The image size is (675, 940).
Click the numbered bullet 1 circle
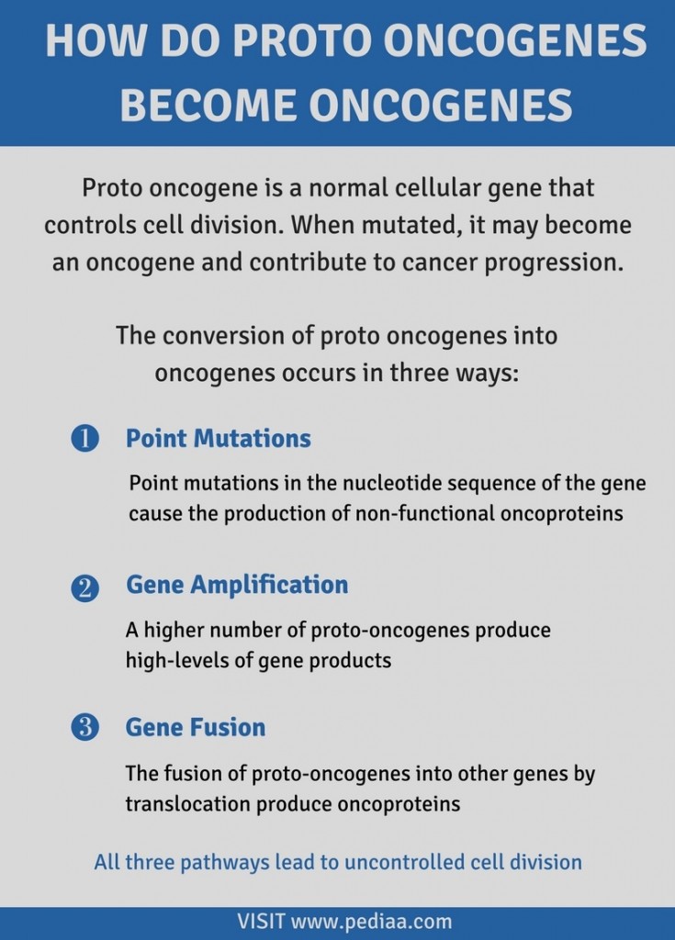[x=84, y=439]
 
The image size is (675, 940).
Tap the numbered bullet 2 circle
[x=84, y=587]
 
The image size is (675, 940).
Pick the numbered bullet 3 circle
[x=84, y=728]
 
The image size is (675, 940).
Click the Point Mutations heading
[x=218, y=439]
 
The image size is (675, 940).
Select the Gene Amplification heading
[x=237, y=585]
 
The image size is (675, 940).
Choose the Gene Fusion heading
[x=196, y=728]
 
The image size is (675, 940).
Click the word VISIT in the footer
[x=261, y=921]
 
